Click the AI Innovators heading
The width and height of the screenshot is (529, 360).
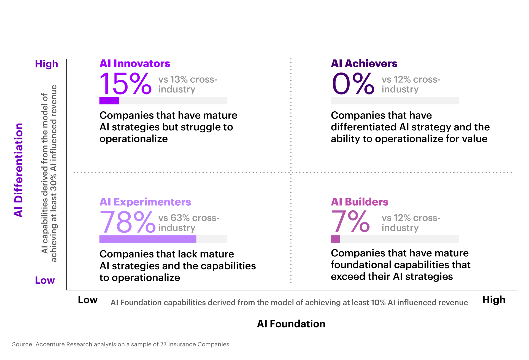pyautogui.click(x=135, y=64)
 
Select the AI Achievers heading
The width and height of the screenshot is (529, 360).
pyautogui.click(x=364, y=64)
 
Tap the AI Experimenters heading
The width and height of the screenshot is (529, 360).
pyautogui.click(x=145, y=202)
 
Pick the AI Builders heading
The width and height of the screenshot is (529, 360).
pyautogui.click(x=360, y=202)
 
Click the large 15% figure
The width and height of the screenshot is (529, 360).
pyautogui.click(x=125, y=84)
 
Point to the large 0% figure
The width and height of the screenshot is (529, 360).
pyautogui.click(x=353, y=84)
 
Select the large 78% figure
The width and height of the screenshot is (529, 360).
pyautogui.click(x=127, y=222)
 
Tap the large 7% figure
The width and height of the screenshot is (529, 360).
pyautogui.click(x=350, y=222)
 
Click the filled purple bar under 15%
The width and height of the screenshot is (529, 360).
pyautogui.click(x=109, y=101)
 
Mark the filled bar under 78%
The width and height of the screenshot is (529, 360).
pyautogui.click(x=148, y=239)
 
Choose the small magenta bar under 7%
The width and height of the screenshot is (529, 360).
pyautogui.click(x=335, y=239)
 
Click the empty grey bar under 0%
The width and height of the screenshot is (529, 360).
pyautogui.click(x=395, y=101)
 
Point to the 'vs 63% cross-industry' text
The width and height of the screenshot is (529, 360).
pyautogui.click(x=189, y=223)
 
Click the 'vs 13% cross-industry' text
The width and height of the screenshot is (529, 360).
pyautogui.click(x=188, y=84)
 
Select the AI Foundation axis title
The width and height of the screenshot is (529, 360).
pyautogui.click(x=291, y=324)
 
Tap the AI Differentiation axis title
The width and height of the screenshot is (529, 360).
pyautogui.click(x=18, y=170)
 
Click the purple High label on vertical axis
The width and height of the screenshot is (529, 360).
pyautogui.click(x=47, y=64)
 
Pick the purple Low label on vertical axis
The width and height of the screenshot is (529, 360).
pyautogui.click(x=45, y=280)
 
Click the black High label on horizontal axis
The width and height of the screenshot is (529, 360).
pyautogui.click(x=494, y=300)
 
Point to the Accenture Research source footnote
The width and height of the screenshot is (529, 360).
pyautogui.click(x=120, y=344)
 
